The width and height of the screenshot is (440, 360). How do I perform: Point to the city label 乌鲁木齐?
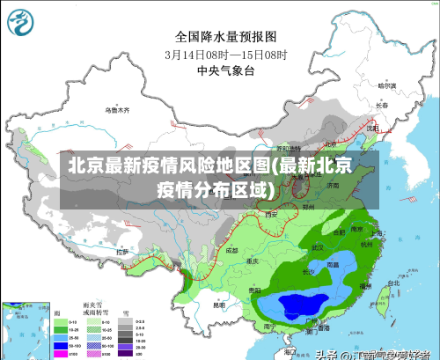tap(117, 110)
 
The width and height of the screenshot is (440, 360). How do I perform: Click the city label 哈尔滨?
tap(386, 86)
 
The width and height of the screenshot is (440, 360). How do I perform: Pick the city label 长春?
tap(381, 105)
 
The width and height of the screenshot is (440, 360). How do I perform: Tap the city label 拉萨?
tap(122, 253)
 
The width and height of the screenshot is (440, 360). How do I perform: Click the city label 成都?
tap(231, 251)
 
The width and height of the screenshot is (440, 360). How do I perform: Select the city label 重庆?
tap(253, 261)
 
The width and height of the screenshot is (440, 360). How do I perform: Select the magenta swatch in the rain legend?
tap(61, 353)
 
